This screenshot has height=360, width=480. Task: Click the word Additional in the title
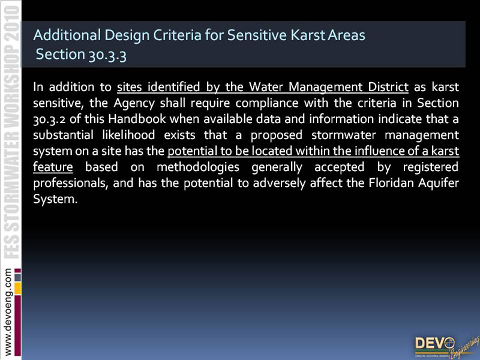coord(67,35)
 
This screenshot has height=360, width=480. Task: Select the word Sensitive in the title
coord(257,35)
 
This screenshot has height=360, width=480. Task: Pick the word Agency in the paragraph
coord(134,103)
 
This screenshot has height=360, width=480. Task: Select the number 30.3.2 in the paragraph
coord(49,119)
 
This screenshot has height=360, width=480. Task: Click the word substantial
coord(63,134)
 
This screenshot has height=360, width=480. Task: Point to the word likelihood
coord(128,134)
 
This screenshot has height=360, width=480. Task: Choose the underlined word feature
coord(53,167)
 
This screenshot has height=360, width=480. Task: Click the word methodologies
coord(198,167)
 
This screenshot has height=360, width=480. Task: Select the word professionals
coord(70,184)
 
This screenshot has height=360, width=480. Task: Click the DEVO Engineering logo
coord(446,347)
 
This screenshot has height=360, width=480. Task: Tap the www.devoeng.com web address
coord(8,311)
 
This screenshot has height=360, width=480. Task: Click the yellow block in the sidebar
coord(18,289)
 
